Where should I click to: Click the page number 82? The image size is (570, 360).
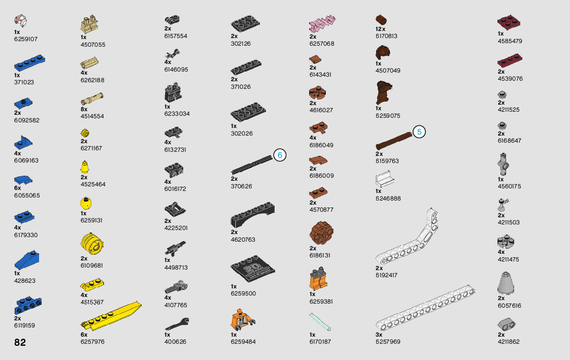pos(20,342)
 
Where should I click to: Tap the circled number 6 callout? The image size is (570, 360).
pos(280,155)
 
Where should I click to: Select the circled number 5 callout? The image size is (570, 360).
pos(419,132)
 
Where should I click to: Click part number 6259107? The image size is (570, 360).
pos(26,39)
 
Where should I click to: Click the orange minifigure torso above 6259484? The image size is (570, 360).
pos(242,319)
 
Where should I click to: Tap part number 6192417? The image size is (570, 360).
pos(386,275)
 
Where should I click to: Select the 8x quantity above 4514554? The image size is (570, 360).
pos(84,109)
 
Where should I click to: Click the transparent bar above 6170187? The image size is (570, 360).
pos(320,322)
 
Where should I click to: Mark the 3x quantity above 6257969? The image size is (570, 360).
pos(379,335)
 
